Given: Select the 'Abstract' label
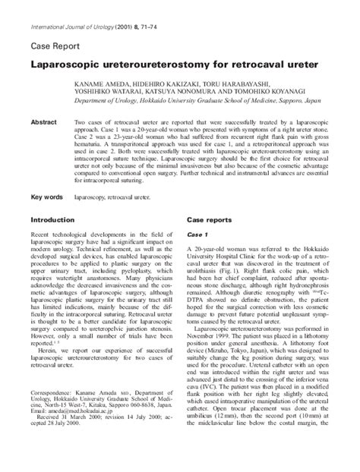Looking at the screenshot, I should [x=43, y=121].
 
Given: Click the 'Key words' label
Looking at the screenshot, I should [x=46, y=197].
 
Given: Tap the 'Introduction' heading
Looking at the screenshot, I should [x=52, y=219].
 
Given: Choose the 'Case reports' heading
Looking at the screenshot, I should [x=210, y=219].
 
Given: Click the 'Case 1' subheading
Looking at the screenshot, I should [x=197, y=235].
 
